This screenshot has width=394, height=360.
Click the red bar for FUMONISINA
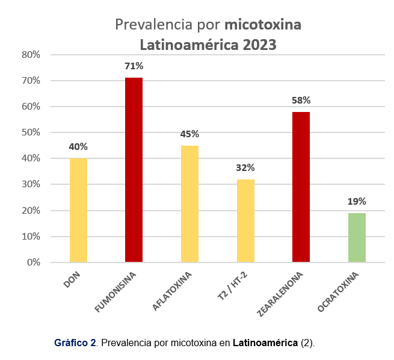134,170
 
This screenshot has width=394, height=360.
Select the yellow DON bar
78,210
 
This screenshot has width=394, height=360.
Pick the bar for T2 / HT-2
245,220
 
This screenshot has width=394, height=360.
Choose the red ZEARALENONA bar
301,187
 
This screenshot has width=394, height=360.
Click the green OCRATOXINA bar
357,237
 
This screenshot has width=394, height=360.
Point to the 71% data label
134,66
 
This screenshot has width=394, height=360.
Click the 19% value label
357,201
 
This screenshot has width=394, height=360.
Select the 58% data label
301,101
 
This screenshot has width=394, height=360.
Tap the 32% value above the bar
245,167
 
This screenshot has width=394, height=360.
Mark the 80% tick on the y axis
31,54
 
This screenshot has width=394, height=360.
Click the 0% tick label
33,262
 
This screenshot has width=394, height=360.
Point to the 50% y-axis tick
31,132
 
